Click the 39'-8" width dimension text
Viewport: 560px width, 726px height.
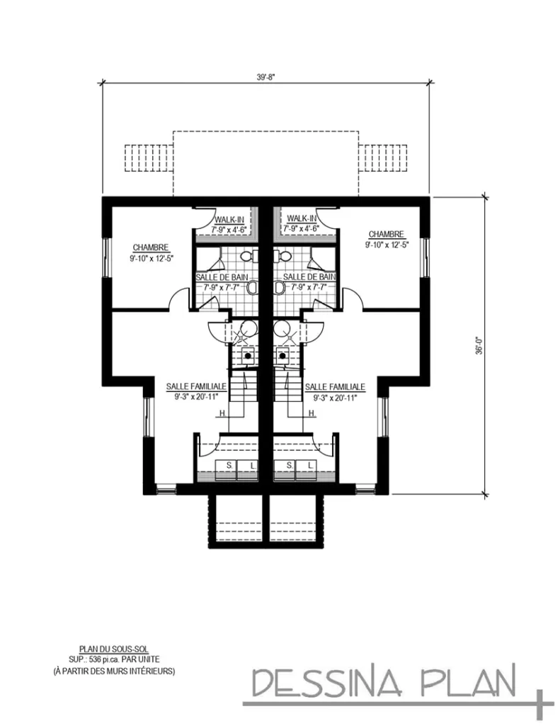[x=265, y=78]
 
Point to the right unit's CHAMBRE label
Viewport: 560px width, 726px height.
[x=386, y=233]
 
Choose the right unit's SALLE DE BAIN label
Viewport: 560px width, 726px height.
[x=309, y=276]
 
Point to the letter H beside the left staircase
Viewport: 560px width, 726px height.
[x=222, y=413]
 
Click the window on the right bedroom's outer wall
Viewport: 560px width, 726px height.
[x=425, y=256]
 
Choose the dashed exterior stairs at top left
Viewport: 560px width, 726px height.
[x=149, y=157]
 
